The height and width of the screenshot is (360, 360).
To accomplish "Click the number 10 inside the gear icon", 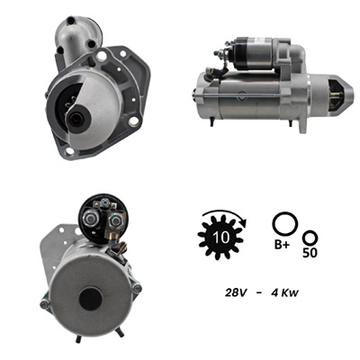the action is tap(221, 238).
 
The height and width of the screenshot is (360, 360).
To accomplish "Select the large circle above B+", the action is tap(285, 224).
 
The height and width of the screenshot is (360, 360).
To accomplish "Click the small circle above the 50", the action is tap(310, 238).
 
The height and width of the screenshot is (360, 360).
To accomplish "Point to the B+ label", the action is tap(282, 245).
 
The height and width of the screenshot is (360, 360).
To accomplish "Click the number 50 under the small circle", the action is tap(310, 253).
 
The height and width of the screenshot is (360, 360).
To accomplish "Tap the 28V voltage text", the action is tap(236, 292).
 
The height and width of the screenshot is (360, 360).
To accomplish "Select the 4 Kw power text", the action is tap(284, 292).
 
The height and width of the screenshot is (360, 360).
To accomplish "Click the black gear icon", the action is tap(221, 238).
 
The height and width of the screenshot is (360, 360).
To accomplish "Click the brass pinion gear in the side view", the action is tap(337, 95).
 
